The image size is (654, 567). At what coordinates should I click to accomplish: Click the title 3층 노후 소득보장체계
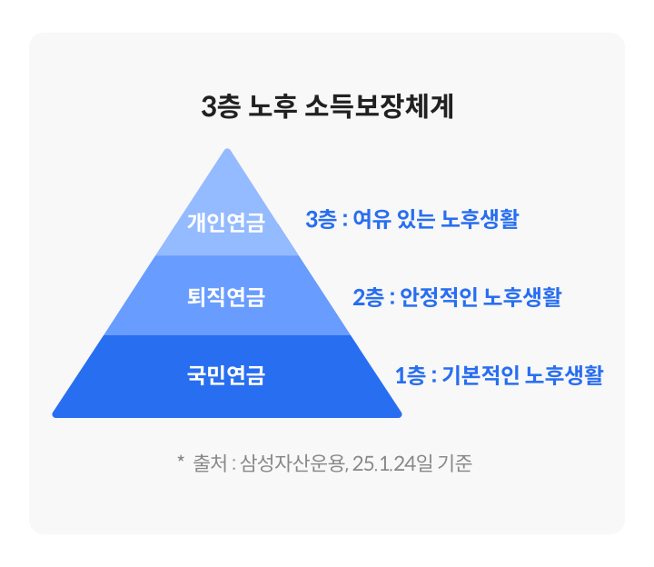coord(327,107)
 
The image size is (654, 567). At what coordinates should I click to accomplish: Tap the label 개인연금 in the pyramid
coord(226,221)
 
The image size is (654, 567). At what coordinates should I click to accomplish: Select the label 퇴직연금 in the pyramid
coord(226,296)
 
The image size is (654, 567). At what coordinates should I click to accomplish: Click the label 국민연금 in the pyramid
coord(226,374)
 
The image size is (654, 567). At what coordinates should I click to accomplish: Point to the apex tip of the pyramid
coord(228,151)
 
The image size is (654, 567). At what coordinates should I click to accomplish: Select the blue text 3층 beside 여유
coord(320,219)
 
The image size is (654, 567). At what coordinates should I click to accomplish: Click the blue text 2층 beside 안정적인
coord(367,297)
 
